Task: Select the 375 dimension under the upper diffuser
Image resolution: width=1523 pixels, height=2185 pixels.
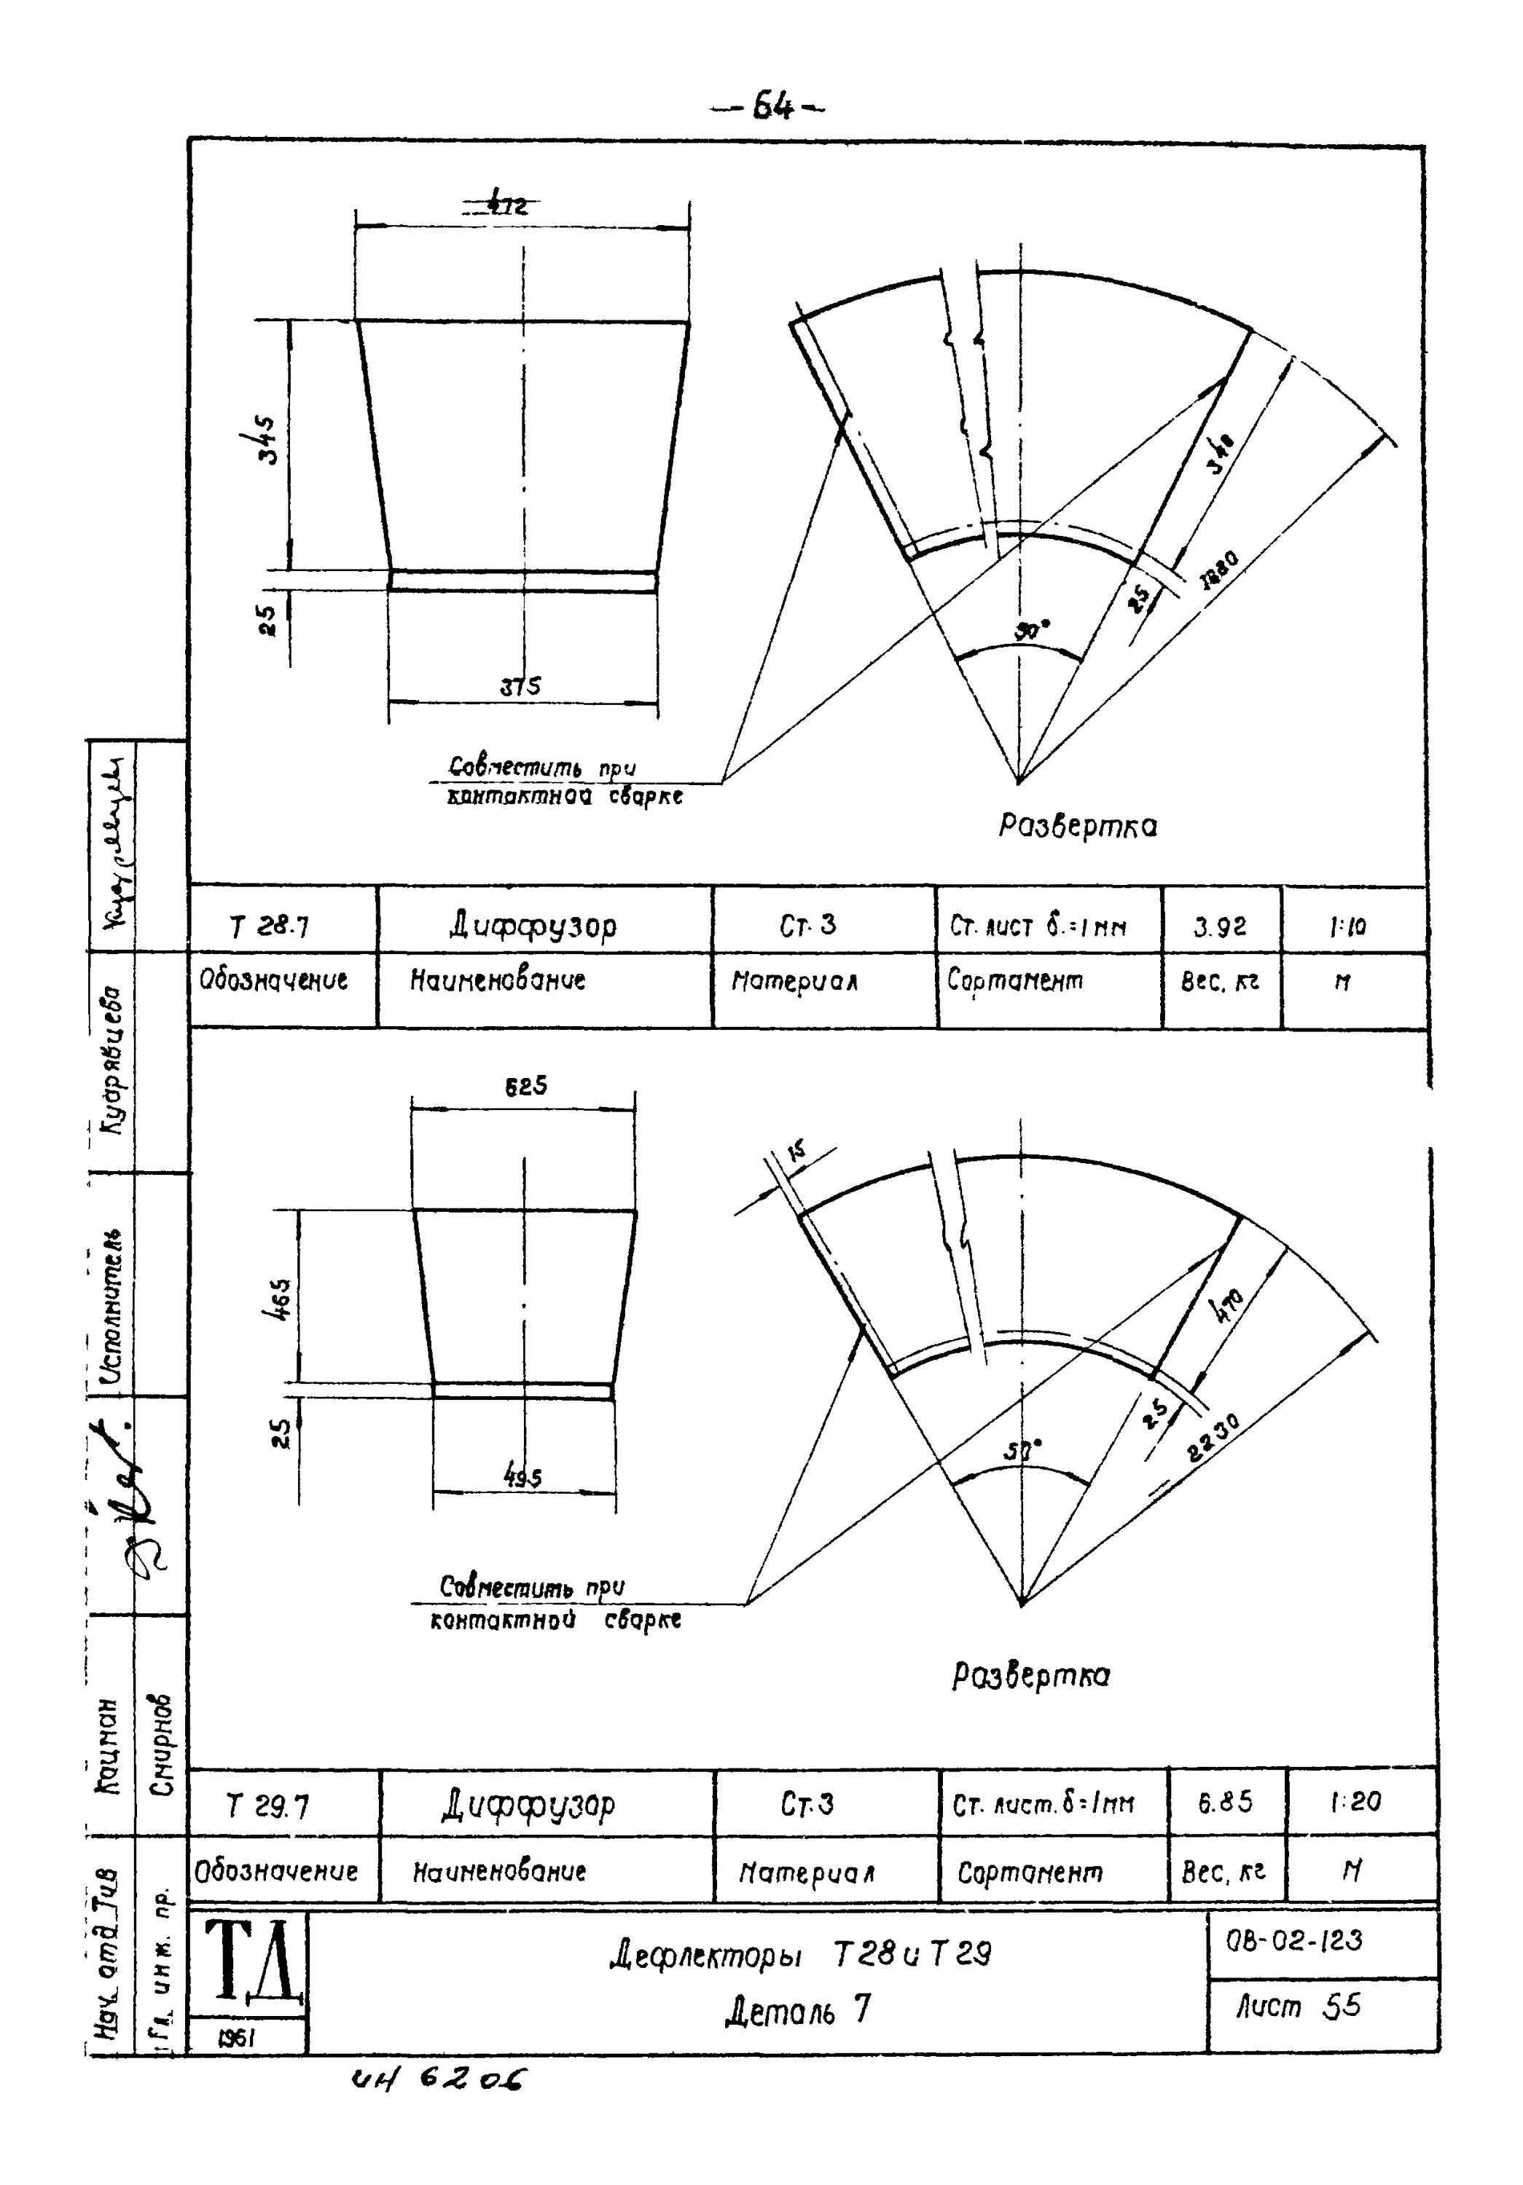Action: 521,686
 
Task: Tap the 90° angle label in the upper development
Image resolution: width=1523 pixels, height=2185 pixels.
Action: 1030,629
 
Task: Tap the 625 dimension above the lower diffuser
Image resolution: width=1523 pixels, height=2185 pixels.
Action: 525,1086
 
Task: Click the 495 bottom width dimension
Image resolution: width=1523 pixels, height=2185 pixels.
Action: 522,1477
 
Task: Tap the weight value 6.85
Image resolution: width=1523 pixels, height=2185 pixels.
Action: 1225,1801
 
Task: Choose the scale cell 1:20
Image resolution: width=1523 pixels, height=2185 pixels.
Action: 1355,1800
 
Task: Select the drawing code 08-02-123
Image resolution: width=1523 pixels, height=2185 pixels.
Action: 1294,1940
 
